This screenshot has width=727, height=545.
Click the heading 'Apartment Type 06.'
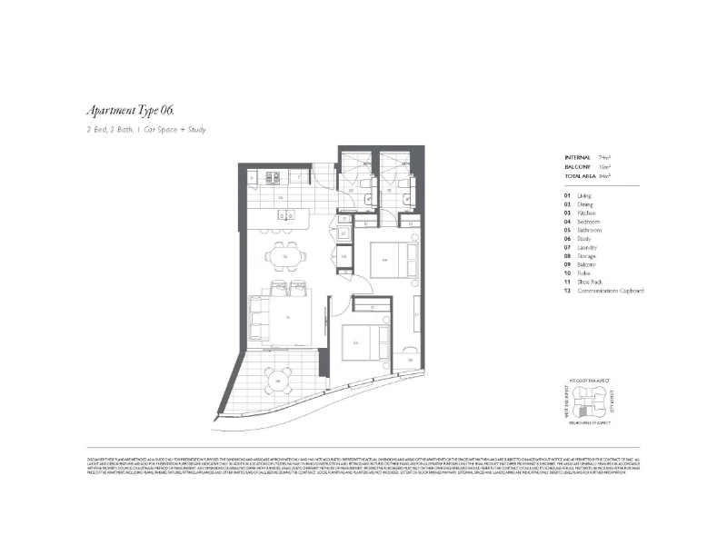[129, 111]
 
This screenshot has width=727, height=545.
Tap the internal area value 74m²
[604, 158]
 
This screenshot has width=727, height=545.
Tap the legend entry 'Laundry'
[587, 247]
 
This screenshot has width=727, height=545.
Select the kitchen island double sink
[285, 216]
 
